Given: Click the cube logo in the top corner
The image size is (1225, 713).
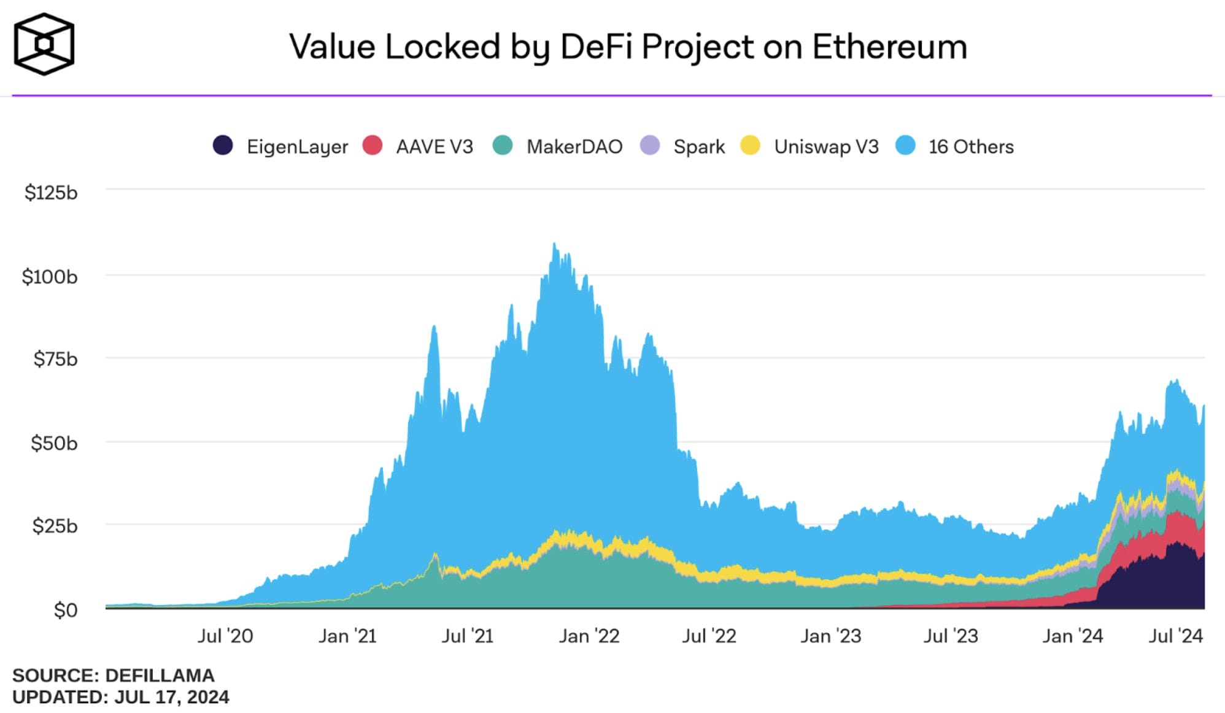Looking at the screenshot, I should point(44,45).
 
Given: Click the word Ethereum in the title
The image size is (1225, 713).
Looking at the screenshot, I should point(889,47).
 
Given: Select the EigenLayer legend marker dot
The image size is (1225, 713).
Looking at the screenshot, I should point(223,146).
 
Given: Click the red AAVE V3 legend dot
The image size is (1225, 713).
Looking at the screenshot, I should point(373,146).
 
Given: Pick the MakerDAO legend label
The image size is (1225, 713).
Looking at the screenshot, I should point(574,147).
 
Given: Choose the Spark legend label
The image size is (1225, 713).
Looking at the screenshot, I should point(699,147).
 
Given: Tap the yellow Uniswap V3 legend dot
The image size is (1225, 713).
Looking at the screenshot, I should point(750,146).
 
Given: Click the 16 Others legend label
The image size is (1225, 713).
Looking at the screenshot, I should point(970,147).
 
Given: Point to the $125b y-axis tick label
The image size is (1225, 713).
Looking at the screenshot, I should point(51,193).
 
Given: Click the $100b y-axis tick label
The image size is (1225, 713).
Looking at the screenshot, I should point(50,277).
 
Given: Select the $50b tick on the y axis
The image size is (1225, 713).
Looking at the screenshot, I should point(54,442).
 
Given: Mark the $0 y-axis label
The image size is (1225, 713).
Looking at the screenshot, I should point(66,610).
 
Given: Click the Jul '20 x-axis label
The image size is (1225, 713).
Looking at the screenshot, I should point(225,636).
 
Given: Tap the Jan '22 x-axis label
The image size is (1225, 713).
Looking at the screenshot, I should point(589,636).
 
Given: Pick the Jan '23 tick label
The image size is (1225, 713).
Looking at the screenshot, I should point(830,636).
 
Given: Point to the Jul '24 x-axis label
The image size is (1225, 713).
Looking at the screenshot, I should point(1175,636).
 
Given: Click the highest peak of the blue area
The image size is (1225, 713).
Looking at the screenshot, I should point(554,244).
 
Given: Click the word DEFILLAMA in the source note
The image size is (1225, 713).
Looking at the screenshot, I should point(160,676).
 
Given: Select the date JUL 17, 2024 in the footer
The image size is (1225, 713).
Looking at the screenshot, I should point(172,697).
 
